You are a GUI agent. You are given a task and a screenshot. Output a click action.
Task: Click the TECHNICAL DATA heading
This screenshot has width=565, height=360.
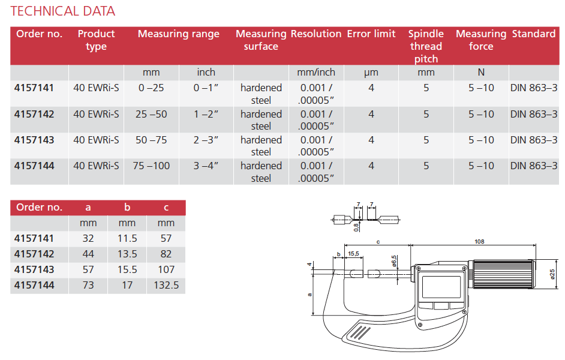coord(63,11)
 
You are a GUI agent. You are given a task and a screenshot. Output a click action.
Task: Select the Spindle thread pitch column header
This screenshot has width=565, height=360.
coord(426,46)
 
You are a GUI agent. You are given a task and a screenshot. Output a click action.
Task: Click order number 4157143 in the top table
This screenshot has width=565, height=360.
coord(34,140)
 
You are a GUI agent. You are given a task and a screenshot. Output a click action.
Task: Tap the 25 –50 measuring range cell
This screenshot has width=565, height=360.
coord(151,114)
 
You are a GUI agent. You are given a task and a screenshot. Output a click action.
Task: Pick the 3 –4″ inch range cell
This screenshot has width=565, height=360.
coord(206,166)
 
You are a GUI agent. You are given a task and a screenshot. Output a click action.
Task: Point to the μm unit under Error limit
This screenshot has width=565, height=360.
coord(371,73)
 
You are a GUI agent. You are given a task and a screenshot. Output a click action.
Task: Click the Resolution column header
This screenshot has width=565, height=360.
coord(316,34)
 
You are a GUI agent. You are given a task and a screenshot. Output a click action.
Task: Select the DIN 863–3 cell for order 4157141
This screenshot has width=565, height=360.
coord(534,88)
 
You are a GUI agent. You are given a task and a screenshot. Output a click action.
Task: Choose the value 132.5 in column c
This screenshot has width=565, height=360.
coord(166,285)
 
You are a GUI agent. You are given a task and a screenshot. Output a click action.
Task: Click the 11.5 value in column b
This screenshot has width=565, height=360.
coord(127,238)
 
